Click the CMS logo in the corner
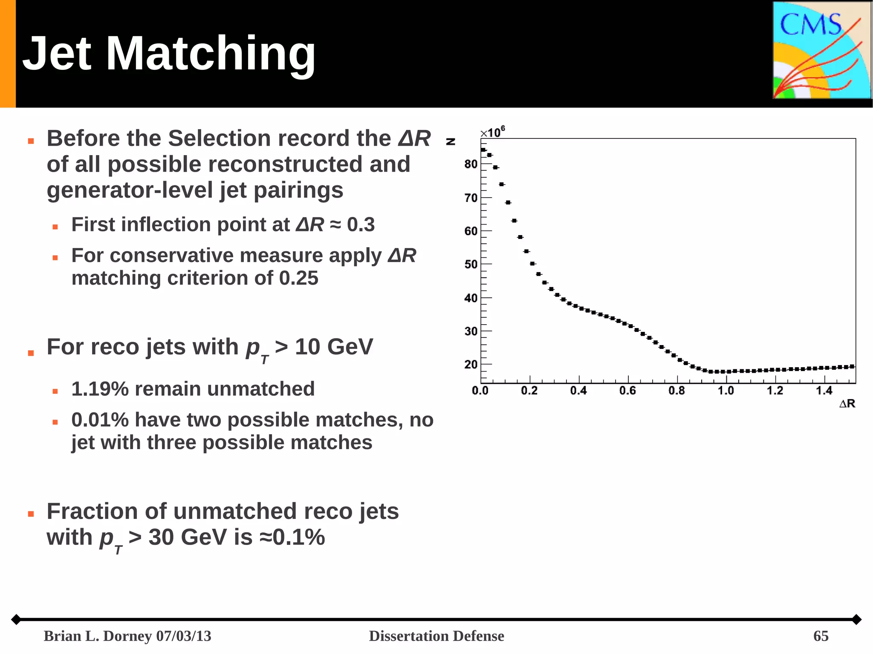click(821, 50)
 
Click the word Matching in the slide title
click(211, 54)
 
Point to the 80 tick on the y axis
click(471, 164)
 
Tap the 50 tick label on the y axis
click(471, 265)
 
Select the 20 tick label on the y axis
click(471, 365)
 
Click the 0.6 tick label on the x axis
click(627, 391)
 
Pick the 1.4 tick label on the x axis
click(824, 391)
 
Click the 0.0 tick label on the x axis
click(480, 391)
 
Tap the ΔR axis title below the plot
click(847, 403)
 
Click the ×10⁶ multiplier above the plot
click(493, 132)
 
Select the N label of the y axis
click(451, 141)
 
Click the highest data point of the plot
click(483, 150)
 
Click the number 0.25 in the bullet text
click(298, 278)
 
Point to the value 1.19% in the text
click(100, 389)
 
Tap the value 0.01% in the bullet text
click(100, 420)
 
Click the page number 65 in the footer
click(821, 636)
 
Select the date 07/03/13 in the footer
click(183, 636)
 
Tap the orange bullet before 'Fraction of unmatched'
click(31, 514)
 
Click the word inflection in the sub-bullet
click(168, 225)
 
